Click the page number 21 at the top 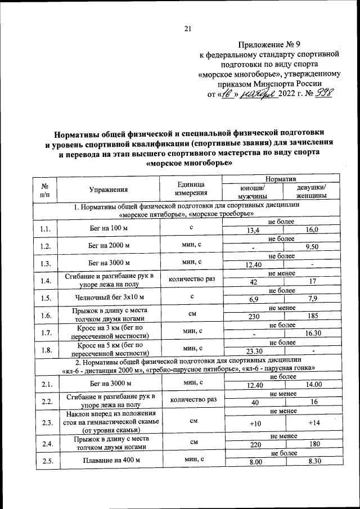188,29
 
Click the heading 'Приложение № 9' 269,44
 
